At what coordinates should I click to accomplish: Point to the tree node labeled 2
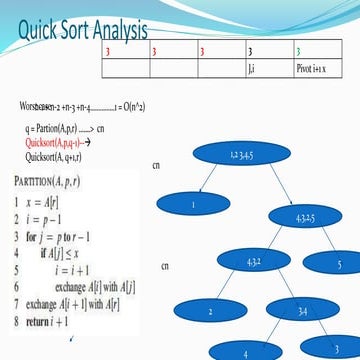click(x=211, y=312)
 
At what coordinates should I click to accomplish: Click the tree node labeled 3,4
click(x=302, y=314)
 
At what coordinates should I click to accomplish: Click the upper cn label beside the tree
click(x=155, y=165)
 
